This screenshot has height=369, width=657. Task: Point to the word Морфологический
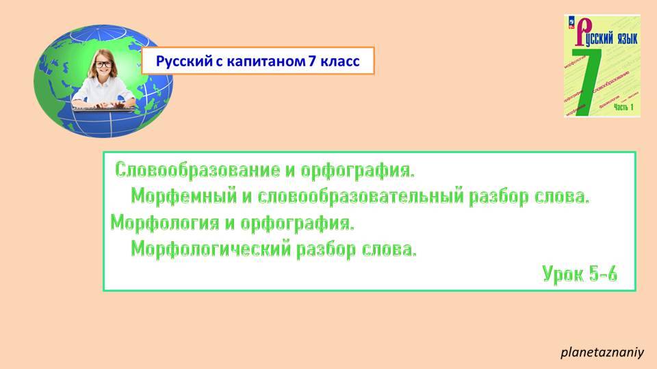click(210, 249)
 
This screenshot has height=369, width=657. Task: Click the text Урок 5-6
click(580, 274)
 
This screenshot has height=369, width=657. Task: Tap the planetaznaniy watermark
click(602, 353)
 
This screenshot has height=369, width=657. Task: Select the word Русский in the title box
click(180, 61)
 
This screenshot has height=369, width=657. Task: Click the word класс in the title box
click(338, 61)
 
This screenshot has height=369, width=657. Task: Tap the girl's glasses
click(104, 64)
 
